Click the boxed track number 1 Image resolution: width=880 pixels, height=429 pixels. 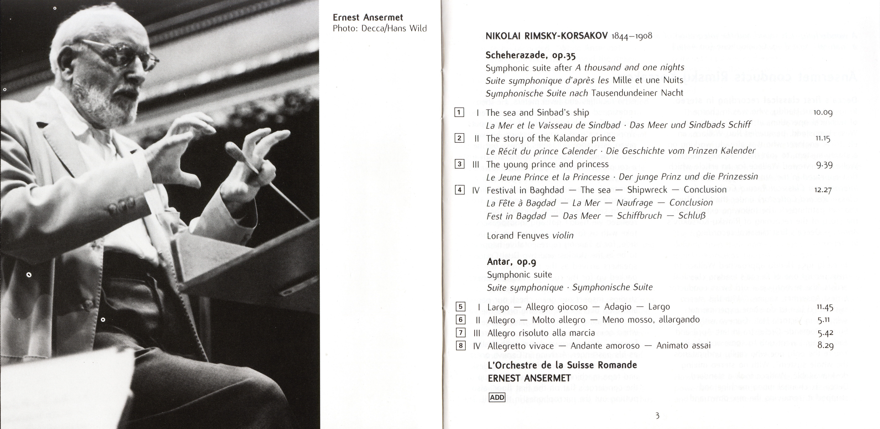coord(459,113)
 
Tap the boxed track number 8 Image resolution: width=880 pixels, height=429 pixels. coord(460,346)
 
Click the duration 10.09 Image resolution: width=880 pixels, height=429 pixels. coord(823,113)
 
